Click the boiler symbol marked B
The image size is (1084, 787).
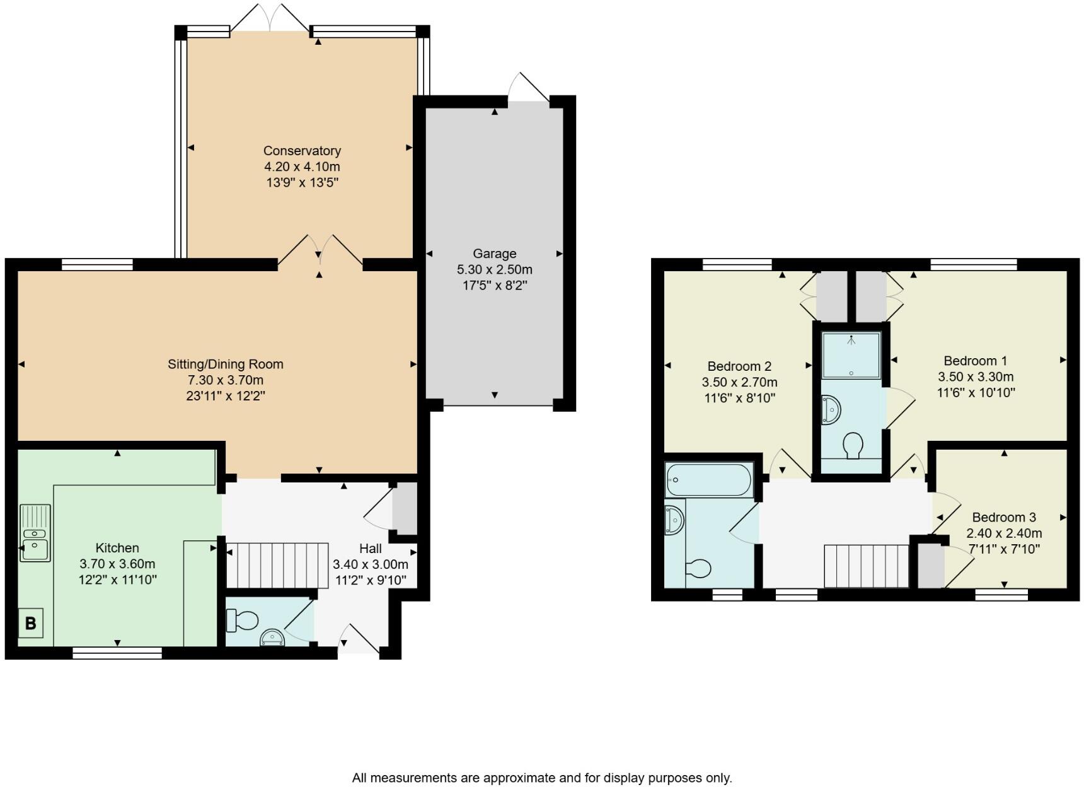30,623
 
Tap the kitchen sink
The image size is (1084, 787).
35,533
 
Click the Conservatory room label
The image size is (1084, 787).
302,151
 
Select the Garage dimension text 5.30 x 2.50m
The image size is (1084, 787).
494,269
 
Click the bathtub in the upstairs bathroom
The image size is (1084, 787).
709,481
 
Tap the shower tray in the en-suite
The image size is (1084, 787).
851,355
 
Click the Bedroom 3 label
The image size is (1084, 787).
1003,517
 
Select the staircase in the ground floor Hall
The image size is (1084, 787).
277,565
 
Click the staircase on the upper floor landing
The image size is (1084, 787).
867,566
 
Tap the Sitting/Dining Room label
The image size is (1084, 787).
225,364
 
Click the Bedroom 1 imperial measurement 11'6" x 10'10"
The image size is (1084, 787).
976,392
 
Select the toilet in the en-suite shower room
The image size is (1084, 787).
853,445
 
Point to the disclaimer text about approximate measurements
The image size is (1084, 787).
542,778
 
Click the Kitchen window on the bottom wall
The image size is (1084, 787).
117,653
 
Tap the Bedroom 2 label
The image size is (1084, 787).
739,366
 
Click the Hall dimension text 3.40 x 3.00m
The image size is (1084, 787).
370,564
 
